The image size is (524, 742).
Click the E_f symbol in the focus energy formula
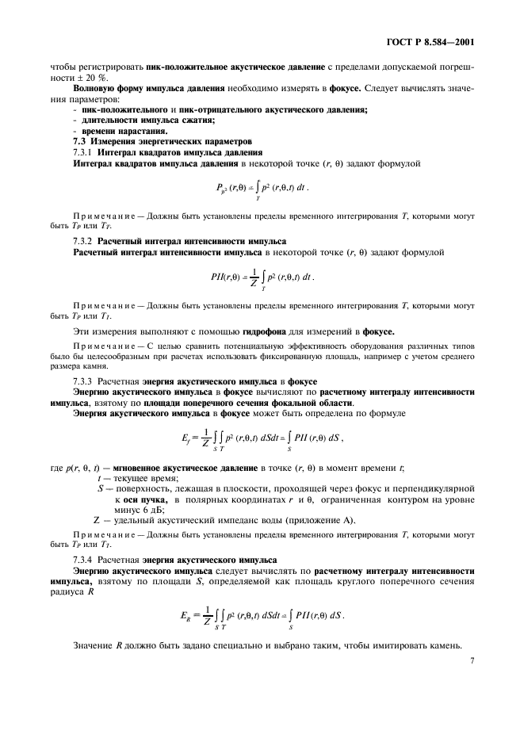click(x=187, y=437)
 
